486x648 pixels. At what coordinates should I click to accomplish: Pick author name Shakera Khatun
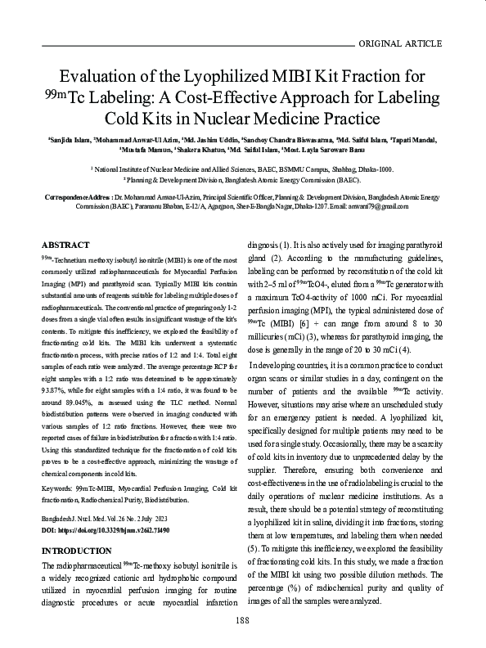(197, 151)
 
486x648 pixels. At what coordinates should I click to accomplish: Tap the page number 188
(242, 621)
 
